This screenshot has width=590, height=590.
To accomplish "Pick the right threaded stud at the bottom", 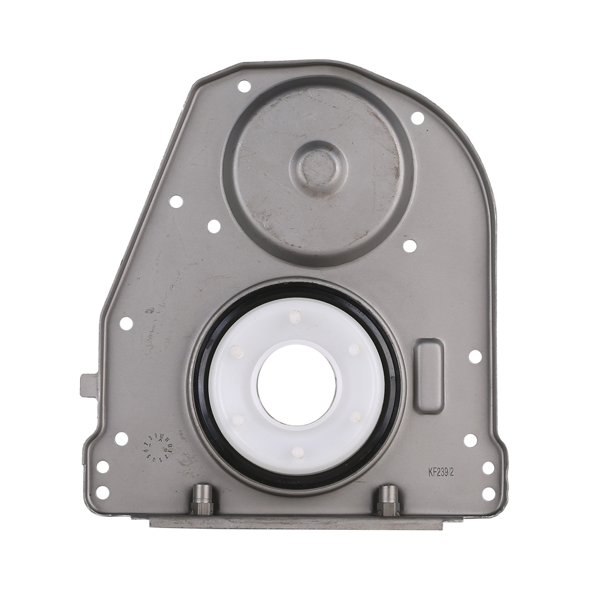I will pyautogui.click(x=388, y=500).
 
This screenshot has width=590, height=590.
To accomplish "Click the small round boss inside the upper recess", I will pyautogui.click(x=318, y=167).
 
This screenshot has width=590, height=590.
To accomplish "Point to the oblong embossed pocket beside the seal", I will pyautogui.click(x=428, y=376).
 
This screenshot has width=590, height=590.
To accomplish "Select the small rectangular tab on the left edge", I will pyautogui.click(x=88, y=385).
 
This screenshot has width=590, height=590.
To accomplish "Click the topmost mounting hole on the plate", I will pyautogui.click(x=244, y=86).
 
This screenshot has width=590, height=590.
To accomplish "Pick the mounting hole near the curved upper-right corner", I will pyautogui.click(x=417, y=118).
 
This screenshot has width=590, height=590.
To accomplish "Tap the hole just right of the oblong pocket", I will pyautogui.click(x=475, y=356).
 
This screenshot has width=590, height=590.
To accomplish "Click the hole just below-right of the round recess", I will pyautogui.click(x=409, y=246).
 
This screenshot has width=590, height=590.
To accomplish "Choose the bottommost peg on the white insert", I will pyautogui.click(x=298, y=452).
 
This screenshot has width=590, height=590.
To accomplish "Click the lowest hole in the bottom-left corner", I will pyautogui.click(x=102, y=491).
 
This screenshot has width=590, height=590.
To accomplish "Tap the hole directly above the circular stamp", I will pyautogui.click(x=121, y=438).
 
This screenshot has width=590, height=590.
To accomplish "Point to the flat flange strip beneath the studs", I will pyautogui.click(x=295, y=522).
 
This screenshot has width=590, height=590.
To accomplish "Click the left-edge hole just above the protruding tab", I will pyautogui.click(x=126, y=323).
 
